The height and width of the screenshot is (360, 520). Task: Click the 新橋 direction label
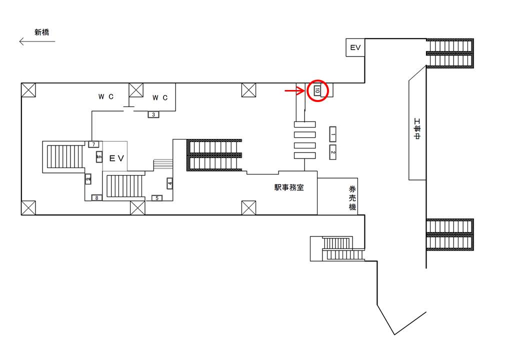[42, 32]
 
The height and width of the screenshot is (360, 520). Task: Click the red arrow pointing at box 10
[295, 90]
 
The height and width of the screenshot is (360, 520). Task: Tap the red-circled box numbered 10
[317, 90]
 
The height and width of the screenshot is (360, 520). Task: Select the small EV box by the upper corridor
[355, 47]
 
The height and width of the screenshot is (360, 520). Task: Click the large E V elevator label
[116, 158]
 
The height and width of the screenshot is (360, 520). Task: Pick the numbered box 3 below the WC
[153, 114]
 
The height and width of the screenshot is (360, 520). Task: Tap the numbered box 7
[94, 144]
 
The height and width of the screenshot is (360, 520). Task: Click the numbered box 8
[97, 198]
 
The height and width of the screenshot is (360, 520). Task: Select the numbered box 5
[157, 198]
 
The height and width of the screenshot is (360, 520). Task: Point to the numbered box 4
[170, 183]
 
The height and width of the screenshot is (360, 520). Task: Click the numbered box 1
[332, 134]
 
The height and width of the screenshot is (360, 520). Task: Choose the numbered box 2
[332, 152]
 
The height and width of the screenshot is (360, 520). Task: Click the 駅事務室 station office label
[289, 187]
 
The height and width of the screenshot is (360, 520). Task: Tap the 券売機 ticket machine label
[352, 198]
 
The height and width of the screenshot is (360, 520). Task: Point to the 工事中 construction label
[417, 129]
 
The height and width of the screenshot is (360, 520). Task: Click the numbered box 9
[88, 179]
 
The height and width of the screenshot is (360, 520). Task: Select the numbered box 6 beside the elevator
[99, 157]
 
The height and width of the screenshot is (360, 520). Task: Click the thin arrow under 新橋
[37, 41]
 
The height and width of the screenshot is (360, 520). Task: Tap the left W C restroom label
[106, 96]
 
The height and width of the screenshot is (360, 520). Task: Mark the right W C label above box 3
[160, 97]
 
